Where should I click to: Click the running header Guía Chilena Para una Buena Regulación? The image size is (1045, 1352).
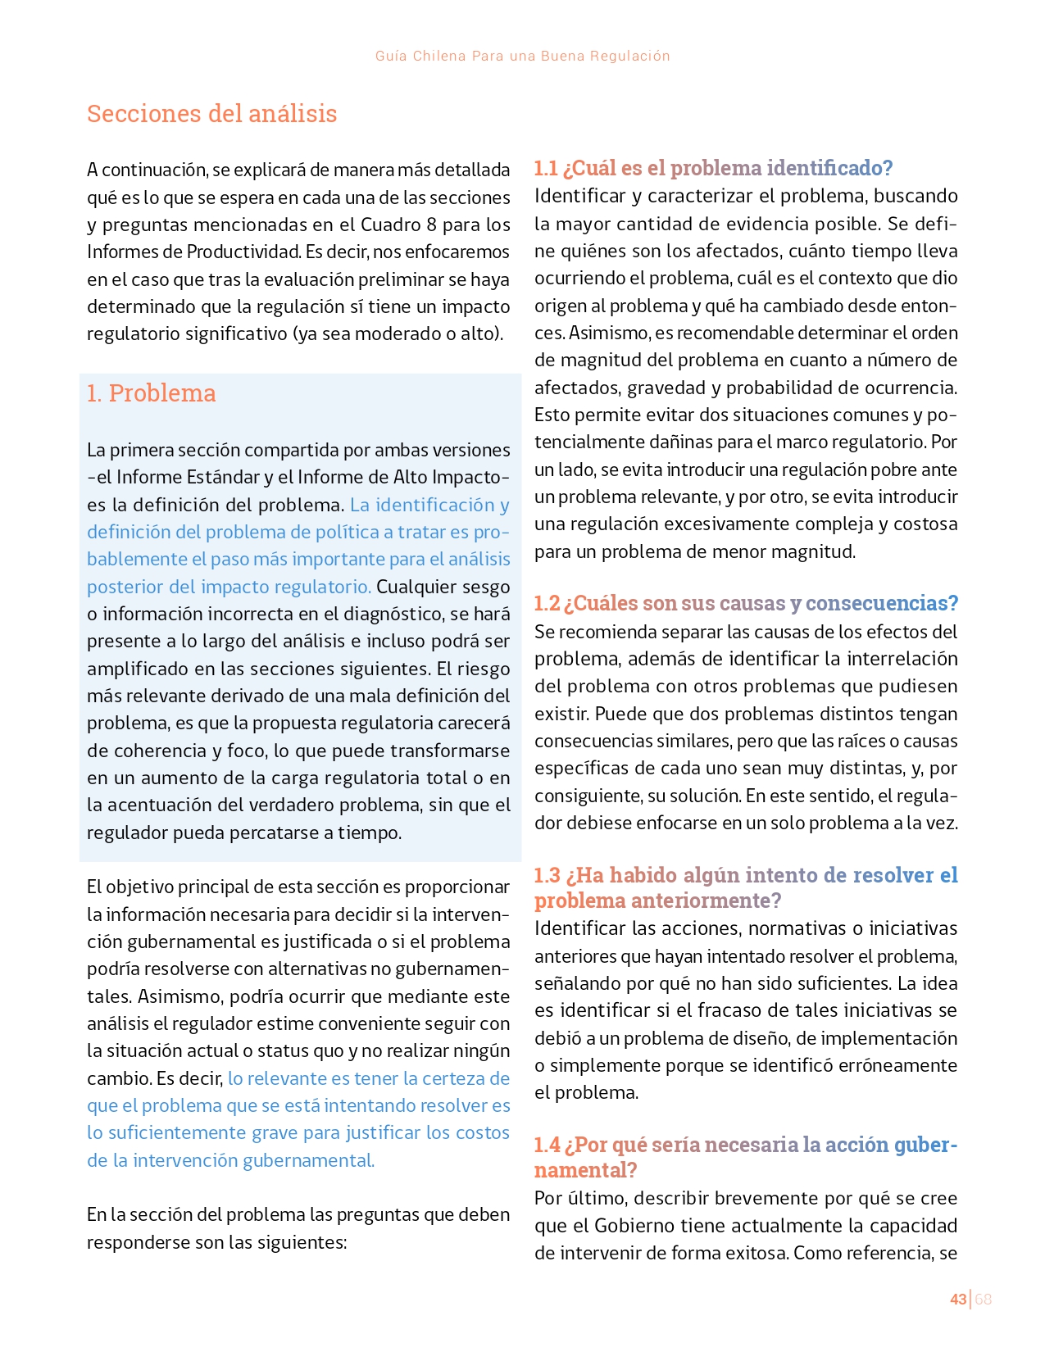click(522, 56)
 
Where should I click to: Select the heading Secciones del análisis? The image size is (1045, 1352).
click(211, 113)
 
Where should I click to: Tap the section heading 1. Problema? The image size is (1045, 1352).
click(151, 393)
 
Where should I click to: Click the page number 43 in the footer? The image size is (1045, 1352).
click(957, 1299)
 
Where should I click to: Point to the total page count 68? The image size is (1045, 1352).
click(983, 1299)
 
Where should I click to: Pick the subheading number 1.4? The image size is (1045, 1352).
click(547, 1145)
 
